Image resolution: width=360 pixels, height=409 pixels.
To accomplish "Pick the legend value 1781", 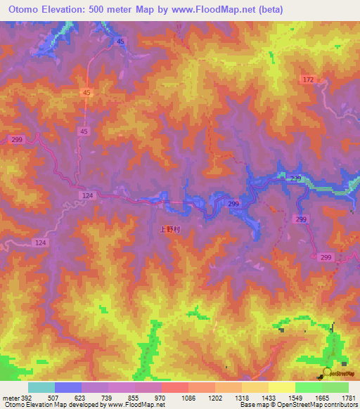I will (x=349, y=397).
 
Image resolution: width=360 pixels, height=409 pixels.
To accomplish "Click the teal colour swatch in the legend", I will (x=41, y=387).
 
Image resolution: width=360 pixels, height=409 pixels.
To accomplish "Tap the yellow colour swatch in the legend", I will (x=281, y=387).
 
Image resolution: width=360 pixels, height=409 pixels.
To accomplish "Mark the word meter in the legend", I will (x=11, y=397).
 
